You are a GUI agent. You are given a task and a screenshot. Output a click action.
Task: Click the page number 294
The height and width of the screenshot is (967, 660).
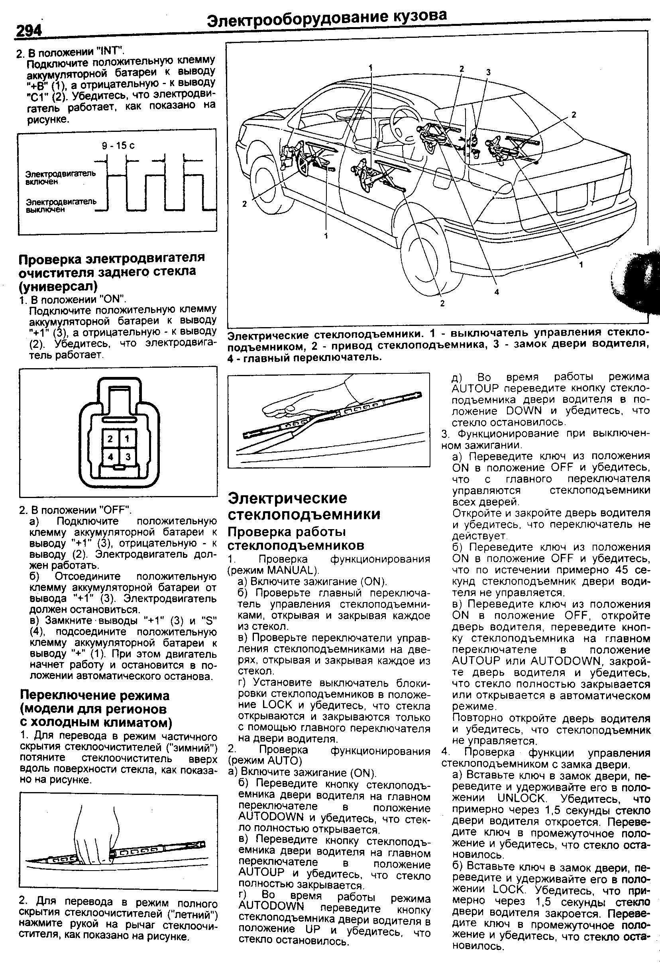click(29, 31)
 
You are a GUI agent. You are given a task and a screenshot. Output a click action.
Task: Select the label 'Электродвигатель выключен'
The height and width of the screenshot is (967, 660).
click(61, 206)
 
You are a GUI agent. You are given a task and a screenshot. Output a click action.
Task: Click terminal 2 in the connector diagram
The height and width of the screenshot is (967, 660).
click(110, 439)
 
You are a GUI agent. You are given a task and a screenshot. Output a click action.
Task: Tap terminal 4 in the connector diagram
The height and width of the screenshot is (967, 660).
click(110, 457)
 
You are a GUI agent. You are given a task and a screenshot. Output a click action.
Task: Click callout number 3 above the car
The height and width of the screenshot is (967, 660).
click(489, 72)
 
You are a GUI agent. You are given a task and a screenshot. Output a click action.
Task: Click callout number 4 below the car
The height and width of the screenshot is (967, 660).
click(497, 292)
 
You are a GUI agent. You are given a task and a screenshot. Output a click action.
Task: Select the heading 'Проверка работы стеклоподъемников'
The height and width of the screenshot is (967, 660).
click(296, 538)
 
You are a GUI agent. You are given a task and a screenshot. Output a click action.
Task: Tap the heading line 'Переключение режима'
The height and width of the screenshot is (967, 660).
click(95, 695)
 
